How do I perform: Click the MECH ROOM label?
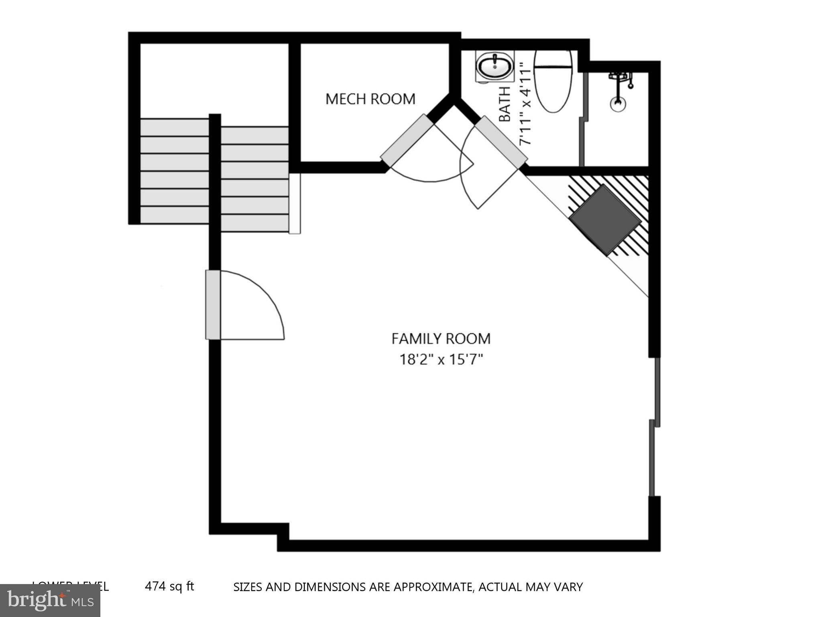point(370,99)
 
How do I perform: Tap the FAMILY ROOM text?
point(441,339)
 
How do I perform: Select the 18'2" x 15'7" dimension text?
point(441,359)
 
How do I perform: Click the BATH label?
point(505,104)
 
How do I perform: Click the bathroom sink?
point(494,66)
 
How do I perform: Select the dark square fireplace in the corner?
point(605,220)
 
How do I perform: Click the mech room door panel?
point(407,140)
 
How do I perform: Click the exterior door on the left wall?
point(213,304)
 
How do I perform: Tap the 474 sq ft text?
point(169,586)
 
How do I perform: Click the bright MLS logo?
point(50,600)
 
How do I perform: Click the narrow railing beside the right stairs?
point(295,203)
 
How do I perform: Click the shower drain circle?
point(618,104)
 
